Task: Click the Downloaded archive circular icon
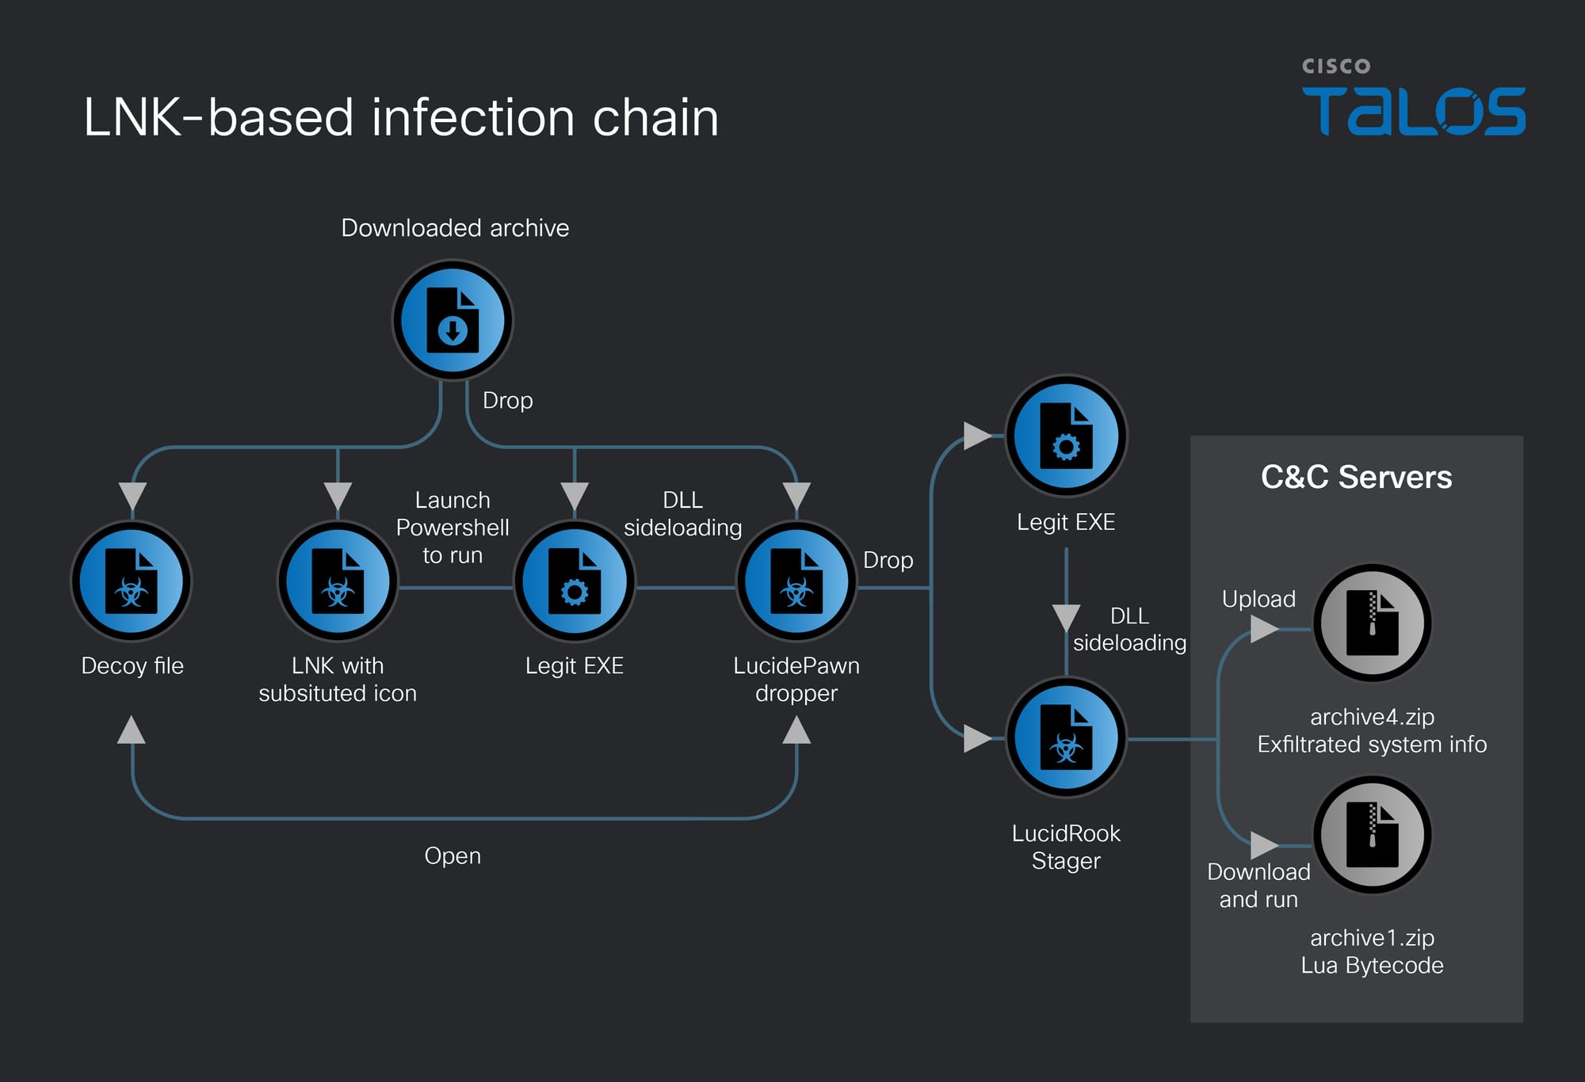453,320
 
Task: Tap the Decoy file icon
132,581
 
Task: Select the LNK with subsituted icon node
338,581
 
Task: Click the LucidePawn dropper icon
796,581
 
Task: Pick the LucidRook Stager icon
1066,737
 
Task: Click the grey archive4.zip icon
1372,623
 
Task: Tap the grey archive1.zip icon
1372,835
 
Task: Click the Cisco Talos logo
1413,99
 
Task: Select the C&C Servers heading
1356,478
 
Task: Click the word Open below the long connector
453,856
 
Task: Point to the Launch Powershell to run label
453,528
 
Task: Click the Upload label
1258,599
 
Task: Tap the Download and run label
1258,886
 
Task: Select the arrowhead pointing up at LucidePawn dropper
796,730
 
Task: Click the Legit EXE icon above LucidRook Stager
1066,436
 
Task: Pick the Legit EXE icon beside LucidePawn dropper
575,581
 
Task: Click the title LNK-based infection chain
401,117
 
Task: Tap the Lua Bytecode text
1372,966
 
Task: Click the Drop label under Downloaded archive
507,401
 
